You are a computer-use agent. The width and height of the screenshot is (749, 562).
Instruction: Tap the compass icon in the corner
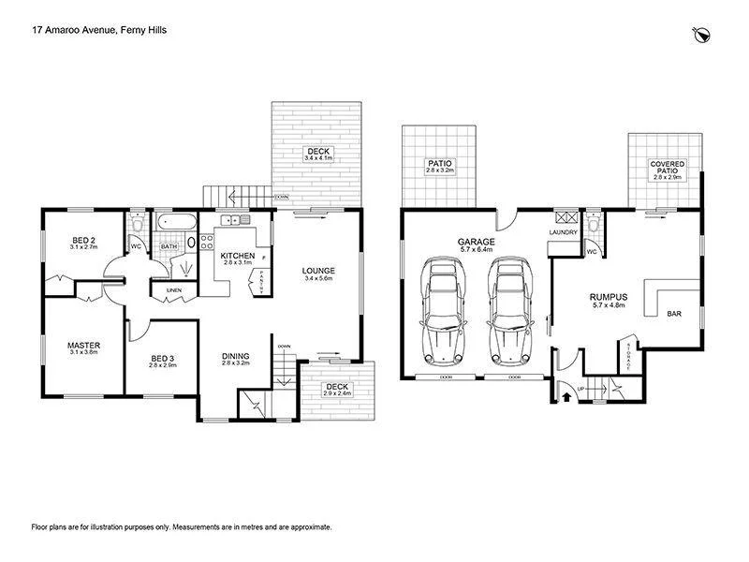click(700, 35)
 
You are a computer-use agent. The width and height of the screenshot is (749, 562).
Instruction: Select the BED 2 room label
click(84, 241)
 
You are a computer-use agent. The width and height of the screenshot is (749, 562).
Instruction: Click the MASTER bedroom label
click(83, 346)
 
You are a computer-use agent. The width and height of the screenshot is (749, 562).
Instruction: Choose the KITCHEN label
click(238, 255)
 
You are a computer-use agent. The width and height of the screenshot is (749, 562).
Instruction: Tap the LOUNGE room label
click(317, 271)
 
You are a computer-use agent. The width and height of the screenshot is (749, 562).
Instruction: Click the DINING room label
click(235, 355)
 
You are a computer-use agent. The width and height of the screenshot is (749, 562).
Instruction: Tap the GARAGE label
click(477, 242)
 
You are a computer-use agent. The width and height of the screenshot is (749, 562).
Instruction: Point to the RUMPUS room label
click(609, 297)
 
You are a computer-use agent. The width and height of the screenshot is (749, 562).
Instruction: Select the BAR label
click(673, 314)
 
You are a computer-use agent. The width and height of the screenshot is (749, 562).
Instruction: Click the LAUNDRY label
click(563, 233)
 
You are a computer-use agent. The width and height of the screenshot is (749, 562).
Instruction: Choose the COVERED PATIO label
click(667, 166)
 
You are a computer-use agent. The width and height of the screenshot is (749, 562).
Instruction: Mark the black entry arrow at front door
click(565, 397)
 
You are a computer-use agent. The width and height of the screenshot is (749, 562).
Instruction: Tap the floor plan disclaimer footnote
click(182, 527)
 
